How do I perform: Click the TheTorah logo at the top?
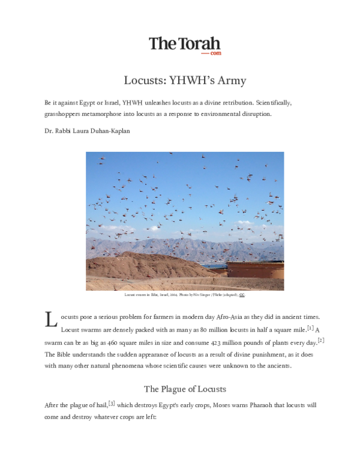[184, 44]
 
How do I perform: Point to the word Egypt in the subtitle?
[90, 103]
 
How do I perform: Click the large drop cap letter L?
[50, 319]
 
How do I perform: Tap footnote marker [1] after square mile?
[310, 327]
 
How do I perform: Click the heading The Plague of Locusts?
[184, 388]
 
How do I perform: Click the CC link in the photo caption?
[242, 295]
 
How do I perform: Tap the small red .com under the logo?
[215, 53]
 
